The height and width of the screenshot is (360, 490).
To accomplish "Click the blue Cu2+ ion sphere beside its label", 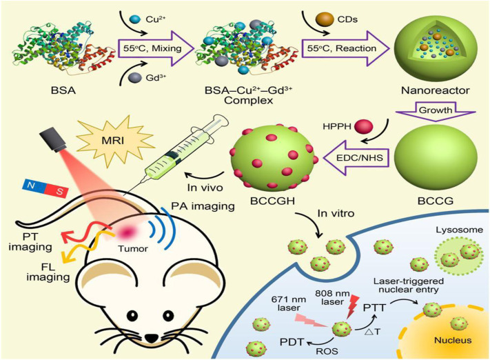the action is point(135,19).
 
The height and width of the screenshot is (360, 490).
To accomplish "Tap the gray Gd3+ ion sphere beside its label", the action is point(134,77).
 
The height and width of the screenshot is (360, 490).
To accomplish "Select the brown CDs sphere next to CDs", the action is point(325,19).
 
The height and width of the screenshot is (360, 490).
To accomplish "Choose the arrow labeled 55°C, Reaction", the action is point(345,48).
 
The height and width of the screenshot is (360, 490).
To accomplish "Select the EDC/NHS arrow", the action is point(356,157).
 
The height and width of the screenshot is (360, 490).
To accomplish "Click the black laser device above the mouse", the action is point(53,141).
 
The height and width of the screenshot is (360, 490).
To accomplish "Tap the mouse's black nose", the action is point(152,338).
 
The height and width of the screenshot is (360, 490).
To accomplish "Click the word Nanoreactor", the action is point(436,90).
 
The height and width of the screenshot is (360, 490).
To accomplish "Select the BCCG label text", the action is point(436,201).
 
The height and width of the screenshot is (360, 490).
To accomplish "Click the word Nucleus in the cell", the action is point(453,340).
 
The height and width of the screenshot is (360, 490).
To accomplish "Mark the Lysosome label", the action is point(460,230).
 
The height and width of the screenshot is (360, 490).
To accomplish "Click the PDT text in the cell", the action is point(292,342).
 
